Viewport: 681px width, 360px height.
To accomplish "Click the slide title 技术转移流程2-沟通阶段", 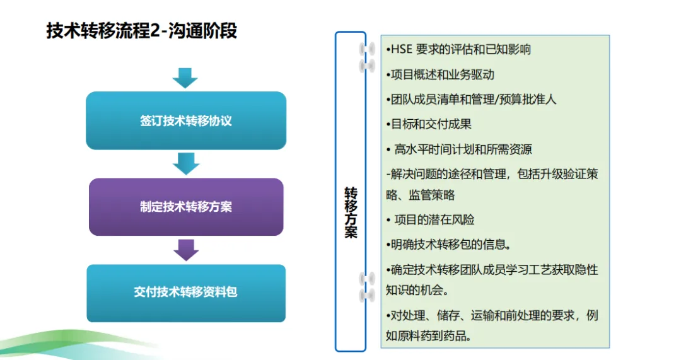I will pyautogui.click(x=142, y=31).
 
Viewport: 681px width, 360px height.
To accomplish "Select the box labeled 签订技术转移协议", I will pyautogui.click(x=186, y=120).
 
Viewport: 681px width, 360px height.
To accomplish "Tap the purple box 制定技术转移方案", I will pyautogui.click(x=186, y=207).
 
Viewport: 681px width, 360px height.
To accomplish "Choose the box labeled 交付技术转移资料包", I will pyautogui.click(x=186, y=293).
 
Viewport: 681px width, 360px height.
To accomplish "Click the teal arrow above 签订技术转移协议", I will pyautogui.click(x=185, y=78).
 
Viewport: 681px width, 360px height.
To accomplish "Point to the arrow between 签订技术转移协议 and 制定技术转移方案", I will pyautogui.click(x=186, y=164).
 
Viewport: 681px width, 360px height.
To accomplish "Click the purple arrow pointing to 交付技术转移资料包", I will pyautogui.click(x=186, y=250).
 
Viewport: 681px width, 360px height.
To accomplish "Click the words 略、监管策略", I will pyautogui.click(x=421, y=195).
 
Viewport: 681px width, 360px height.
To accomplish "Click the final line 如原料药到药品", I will pyautogui.click(x=429, y=335).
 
